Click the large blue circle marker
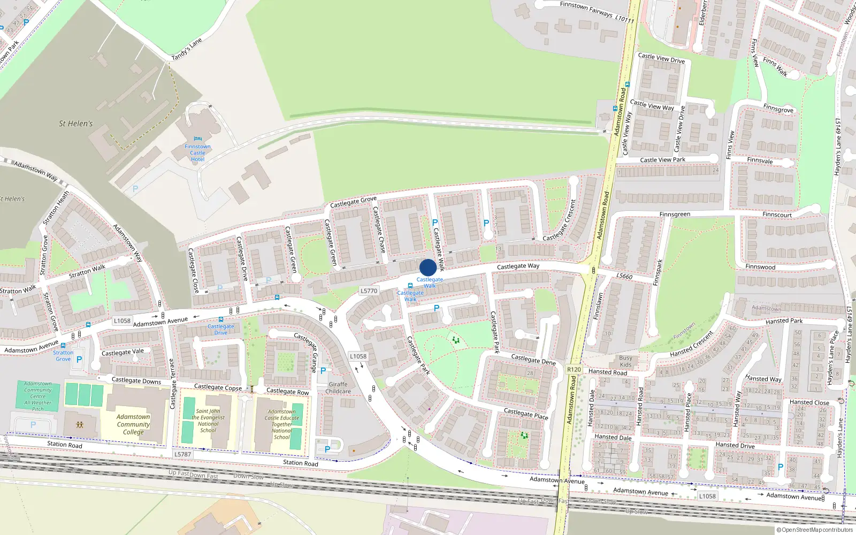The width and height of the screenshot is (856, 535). point(427,267)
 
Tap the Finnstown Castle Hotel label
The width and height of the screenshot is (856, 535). point(197,152)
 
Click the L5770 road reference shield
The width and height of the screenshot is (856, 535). point(369,291)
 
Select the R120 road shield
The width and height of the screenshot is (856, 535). point(574,369)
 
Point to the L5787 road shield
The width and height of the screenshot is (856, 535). point(182,454)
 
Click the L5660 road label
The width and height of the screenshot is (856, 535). point(624,276)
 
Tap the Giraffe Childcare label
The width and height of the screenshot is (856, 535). point(338,388)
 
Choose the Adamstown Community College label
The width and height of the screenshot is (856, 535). point(133,424)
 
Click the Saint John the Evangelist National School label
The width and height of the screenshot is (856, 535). point(208,421)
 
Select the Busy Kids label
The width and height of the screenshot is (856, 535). point(625,361)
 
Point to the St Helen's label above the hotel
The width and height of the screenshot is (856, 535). point(75,124)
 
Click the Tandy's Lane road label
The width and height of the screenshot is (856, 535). point(187,49)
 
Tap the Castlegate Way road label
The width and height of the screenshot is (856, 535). point(518,266)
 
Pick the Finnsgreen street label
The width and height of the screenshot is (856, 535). point(675,214)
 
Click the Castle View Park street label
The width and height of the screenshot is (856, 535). point(662,159)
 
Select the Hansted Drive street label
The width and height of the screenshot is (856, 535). point(735,445)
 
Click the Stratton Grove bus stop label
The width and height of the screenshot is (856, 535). point(63,356)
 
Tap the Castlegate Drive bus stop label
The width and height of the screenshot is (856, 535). point(221,329)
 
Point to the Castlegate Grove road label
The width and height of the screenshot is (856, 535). point(353,202)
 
